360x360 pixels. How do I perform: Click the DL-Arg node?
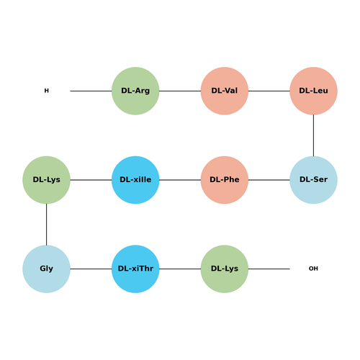(x=135, y=91)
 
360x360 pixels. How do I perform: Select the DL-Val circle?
(x=225, y=91)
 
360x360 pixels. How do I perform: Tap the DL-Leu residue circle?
(x=313, y=91)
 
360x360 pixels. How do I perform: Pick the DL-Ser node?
(x=313, y=180)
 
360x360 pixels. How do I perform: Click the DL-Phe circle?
(x=225, y=180)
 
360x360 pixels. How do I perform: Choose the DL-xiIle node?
(x=135, y=180)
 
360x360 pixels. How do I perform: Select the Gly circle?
(x=46, y=269)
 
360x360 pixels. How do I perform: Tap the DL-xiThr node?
(x=135, y=269)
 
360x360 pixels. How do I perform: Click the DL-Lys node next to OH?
(x=225, y=269)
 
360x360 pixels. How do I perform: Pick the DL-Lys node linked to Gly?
(x=46, y=180)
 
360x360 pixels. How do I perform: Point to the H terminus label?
(x=47, y=91)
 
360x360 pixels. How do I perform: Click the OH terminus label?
(x=313, y=269)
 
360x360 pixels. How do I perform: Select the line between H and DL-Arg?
(x=91, y=91)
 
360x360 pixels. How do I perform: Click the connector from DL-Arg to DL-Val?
(x=180, y=91)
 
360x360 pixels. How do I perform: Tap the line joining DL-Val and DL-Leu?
(x=269, y=91)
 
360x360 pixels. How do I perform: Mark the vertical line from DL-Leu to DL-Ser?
(x=313, y=135)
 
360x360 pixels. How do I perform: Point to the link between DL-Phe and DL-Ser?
(x=269, y=180)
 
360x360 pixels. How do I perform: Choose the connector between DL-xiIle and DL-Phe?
(x=180, y=180)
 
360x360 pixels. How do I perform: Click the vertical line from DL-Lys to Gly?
(x=46, y=225)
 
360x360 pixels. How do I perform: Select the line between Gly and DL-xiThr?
(x=91, y=269)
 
